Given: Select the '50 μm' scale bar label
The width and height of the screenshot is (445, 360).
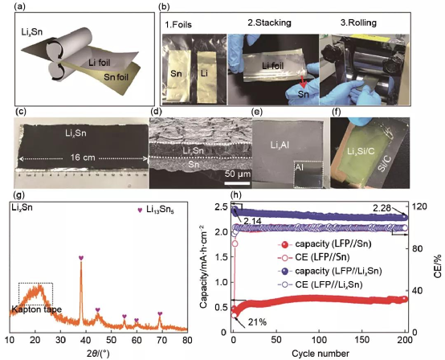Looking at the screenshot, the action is point(238,174).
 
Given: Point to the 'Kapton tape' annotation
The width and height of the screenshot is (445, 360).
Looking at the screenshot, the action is point(37,309).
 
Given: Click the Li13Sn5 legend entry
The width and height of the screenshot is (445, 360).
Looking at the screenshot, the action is point(156,210).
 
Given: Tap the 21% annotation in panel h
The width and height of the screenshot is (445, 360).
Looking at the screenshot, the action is point(257,322).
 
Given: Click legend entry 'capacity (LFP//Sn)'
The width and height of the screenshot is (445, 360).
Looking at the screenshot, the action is point(325,243).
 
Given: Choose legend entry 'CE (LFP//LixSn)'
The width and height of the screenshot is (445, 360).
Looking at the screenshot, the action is point(320,284).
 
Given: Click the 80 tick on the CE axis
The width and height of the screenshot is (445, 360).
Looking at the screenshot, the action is point(416,249).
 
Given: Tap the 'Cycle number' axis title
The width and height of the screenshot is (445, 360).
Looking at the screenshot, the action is point(320,354).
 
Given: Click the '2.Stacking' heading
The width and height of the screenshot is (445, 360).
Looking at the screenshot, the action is point(269,22).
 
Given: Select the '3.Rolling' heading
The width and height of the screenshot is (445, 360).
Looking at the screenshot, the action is point(358,22).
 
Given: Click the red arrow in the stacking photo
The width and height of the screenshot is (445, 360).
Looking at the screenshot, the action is point(303,82).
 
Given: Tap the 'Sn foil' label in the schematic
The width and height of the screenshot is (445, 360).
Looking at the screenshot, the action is point(116,76).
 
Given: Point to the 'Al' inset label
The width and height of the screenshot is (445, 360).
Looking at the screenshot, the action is point(299,167).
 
